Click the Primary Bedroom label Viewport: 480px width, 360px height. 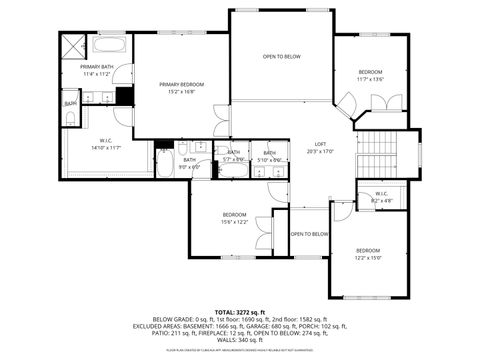(181, 88)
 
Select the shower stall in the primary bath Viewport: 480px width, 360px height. (74, 47)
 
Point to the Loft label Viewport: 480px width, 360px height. (320, 147)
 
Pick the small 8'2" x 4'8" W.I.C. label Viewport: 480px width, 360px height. (381, 197)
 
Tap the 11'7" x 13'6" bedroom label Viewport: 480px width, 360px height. (370, 76)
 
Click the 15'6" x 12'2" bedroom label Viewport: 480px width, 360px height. (235, 218)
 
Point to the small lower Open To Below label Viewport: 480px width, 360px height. (309, 234)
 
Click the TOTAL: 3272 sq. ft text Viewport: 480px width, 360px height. (240, 312)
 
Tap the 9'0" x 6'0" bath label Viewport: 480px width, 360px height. (189, 162)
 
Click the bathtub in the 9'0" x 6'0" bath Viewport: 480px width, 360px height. (164, 162)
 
